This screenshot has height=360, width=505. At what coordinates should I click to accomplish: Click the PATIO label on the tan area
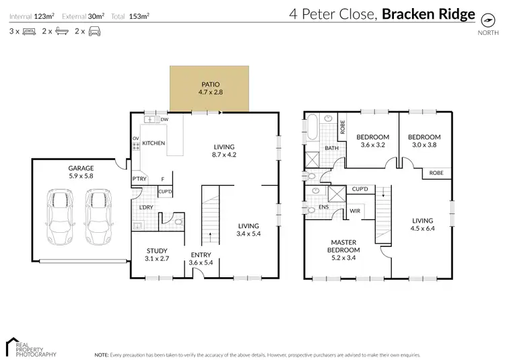coord(209,84)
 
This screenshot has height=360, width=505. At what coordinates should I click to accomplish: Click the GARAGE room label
coord(80,168)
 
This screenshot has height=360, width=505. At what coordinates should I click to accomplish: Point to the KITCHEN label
coord(153,143)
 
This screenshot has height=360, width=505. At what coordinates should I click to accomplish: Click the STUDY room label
coord(157,250)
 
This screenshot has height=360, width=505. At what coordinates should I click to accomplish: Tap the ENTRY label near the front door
coord(200,254)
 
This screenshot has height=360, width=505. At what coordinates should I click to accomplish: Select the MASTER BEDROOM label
coord(344,246)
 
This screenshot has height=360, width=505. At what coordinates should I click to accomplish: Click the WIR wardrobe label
coord(354,211)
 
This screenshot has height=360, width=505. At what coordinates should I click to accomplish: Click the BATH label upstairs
coord(331,148)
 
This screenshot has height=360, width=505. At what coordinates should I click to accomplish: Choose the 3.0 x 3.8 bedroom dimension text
coord(424,144)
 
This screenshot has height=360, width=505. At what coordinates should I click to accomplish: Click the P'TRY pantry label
coord(139,178)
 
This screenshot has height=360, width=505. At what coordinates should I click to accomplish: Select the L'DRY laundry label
coord(145,207)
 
